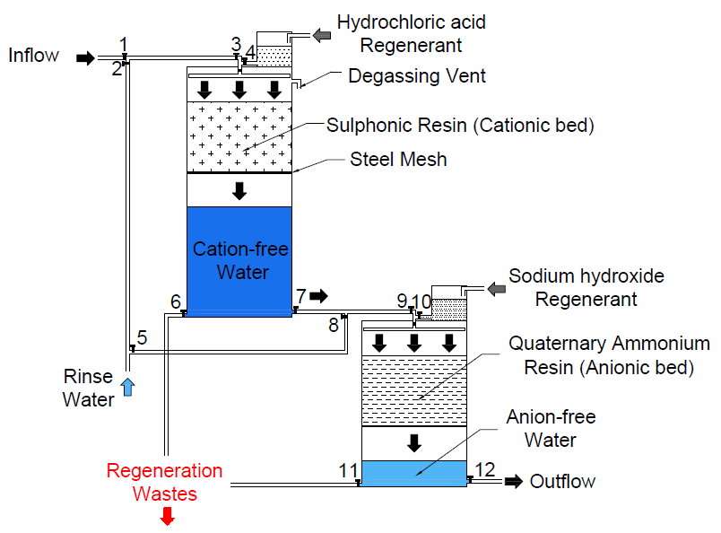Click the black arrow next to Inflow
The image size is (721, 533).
click(x=85, y=58)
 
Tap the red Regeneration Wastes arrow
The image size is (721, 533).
click(x=168, y=516)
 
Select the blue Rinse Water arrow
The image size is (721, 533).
click(x=128, y=387)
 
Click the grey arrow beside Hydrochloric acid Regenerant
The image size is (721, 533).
click(x=321, y=35)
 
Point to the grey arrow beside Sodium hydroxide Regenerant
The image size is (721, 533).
click(x=497, y=290)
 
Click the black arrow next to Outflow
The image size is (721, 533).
click(x=514, y=482)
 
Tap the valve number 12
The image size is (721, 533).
click(x=484, y=470)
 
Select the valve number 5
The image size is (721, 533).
click(x=142, y=337)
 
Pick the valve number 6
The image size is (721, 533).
click(x=176, y=301)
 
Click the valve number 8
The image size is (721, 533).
click(x=334, y=325)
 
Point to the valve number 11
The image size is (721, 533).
click(x=348, y=471)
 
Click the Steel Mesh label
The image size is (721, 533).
click(x=398, y=159)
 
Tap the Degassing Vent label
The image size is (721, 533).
click(x=417, y=76)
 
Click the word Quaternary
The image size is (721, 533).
click(x=557, y=344)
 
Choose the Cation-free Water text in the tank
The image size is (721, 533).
click(x=240, y=260)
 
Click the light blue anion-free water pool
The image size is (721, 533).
click(x=414, y=473)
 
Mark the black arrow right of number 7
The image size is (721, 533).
click(x=318, y=296)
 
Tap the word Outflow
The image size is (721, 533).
click(x=562, y=482)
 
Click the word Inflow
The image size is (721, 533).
click(x=33, y=56)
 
